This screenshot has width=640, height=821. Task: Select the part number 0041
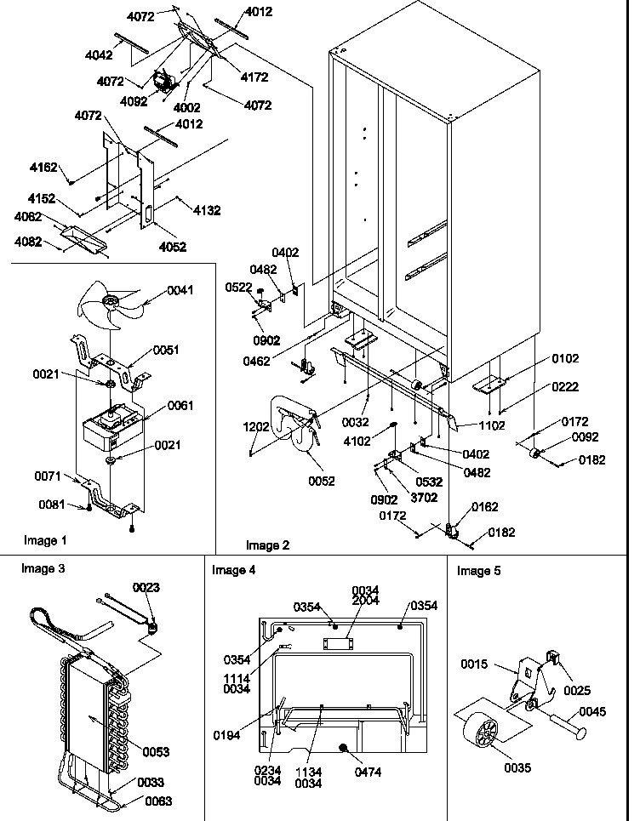point(179,290)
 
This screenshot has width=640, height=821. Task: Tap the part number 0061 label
point(180,405)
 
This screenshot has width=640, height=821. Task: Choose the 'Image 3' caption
point(43,569)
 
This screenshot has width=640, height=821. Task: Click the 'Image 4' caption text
point(233,570)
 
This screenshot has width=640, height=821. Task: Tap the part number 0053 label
point(156,751)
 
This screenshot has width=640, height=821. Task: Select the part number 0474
point(369,772)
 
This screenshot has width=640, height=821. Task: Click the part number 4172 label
point(254,77)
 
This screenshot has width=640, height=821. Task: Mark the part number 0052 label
point(322,481)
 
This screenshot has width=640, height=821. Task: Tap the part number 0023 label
point(146,587)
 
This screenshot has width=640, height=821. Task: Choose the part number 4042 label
point(100,55)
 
